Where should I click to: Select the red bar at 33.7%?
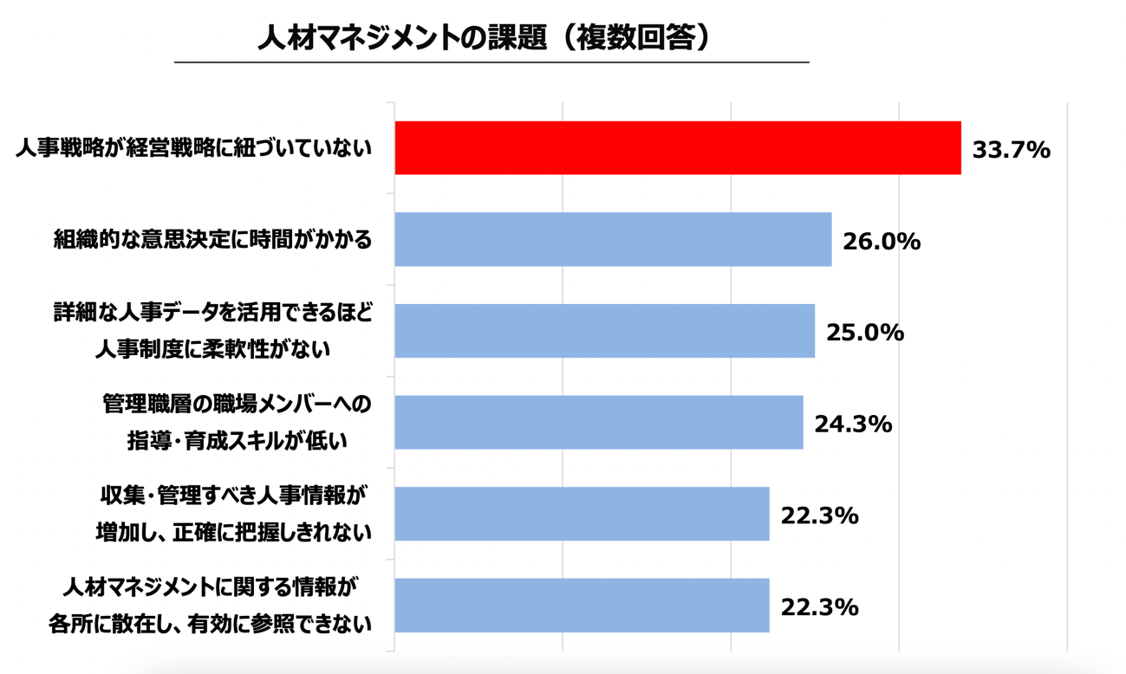click(x=677, y=148)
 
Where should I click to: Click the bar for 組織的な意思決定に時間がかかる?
click(x=613, y=240)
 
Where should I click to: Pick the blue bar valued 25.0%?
click(x=604, y=331)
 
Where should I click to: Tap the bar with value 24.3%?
click(x=598, y=423)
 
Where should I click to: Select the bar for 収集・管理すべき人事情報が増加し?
click(x=582, y=514)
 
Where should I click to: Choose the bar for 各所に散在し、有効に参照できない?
click(x=582, y=606)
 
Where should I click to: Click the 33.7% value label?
click(x=1011, y=150)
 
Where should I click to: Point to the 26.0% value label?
click(x=882, y=242)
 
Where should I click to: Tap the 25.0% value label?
click(x=865, y=333)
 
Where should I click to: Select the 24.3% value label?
click(x=853, y=424)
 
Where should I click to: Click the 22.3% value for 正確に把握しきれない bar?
click(x=819, y=515)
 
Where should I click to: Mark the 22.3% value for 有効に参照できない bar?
click(x=819, y=607)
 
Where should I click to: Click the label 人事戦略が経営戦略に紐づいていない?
click(x=193, y=149)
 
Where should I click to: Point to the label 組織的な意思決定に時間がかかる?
click(x=212, y=239)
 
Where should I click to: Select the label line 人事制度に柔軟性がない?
click(x=212, y=349)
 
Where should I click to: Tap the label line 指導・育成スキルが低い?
click(x=237, y=441)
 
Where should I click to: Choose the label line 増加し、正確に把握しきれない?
click(x=233, y=532)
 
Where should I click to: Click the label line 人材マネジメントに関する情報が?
click(x=210, y=587)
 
